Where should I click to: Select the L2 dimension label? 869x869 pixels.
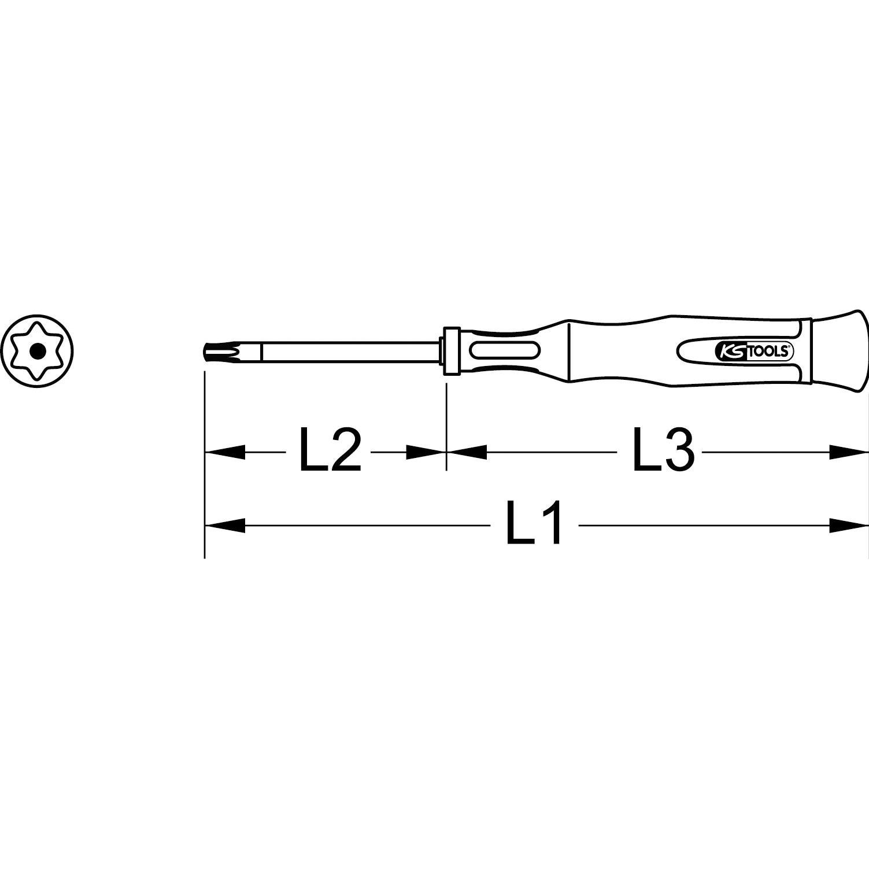330,450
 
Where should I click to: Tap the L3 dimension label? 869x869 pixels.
664,450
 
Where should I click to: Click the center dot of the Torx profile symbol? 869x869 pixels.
38,350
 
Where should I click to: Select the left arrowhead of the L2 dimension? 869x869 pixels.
225,452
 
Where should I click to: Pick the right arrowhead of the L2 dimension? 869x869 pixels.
426,452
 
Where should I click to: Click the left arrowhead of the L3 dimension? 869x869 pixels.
466,452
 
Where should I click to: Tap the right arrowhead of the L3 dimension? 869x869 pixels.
849,452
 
